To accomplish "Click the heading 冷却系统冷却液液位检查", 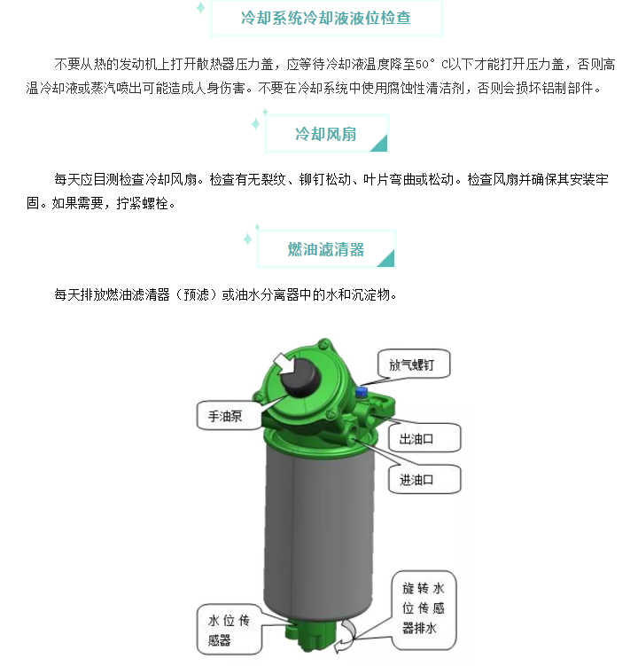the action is (325, 18).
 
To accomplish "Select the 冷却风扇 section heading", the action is (325, 134).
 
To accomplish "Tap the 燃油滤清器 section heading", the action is (325, 249).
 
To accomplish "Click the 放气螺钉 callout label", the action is (414, 364).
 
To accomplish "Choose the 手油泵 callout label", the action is (229, 415).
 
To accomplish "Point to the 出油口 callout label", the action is (424, 438).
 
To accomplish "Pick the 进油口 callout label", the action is (424, 479).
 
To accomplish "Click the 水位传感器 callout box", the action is (230, 630).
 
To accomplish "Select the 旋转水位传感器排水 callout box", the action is (424, 610).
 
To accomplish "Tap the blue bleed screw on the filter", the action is (362, 391).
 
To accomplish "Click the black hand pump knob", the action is (299, 377).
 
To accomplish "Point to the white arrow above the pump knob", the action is (284, 364).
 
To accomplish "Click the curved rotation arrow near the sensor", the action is (346, 636).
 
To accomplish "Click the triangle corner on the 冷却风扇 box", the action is (381, 145).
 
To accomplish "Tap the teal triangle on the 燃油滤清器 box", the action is (387, 260).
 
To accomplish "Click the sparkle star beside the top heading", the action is (201, 8).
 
